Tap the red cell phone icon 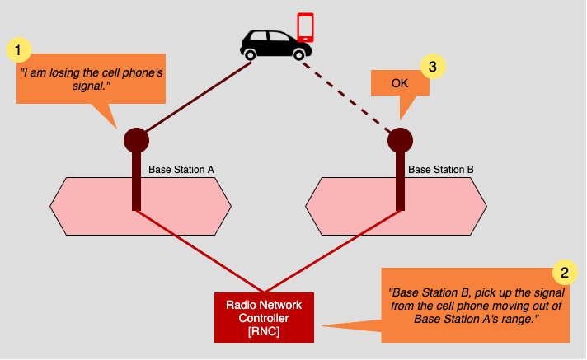coord(306,26)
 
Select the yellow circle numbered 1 coord(18,50)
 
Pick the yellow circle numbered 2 coord(563,272)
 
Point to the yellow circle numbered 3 coord(433,67)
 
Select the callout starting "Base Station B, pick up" coord(475,306)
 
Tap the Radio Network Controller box coord(264,317)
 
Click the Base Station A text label coord(181,170)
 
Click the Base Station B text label coord(441,170)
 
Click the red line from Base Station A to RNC coord(198,250)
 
